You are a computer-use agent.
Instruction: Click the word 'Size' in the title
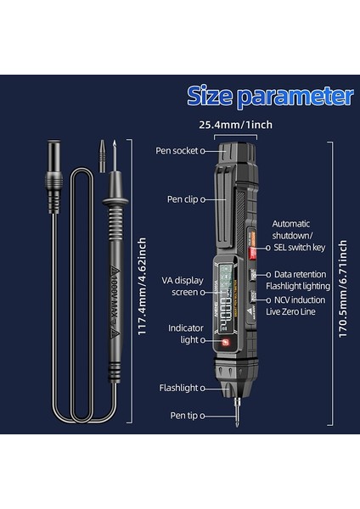coord(211,94)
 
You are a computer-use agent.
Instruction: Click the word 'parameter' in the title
coord(295,94)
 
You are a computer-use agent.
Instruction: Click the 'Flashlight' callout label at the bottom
coord(178,388)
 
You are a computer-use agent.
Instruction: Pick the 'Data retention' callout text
coord(301,274)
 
